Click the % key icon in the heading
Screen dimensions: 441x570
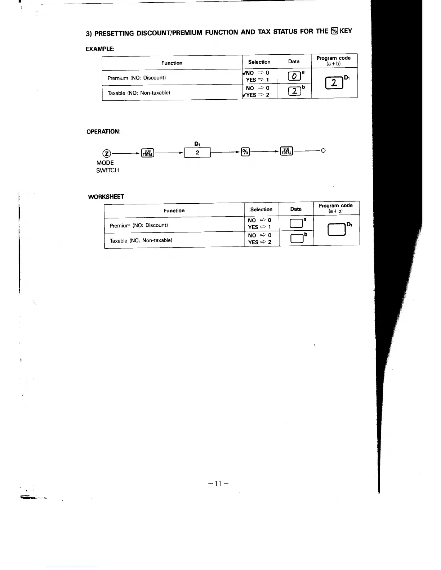click(334, 31)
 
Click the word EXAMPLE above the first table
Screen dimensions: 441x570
click(100, 49)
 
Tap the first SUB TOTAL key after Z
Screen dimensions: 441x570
click(148, 153)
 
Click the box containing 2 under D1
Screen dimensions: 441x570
click(197, 153)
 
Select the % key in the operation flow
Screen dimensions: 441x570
click(245, 152)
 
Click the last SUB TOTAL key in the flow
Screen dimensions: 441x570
click(286, 151)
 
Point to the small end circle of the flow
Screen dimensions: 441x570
click(323, 150)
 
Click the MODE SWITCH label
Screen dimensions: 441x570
click(107, 167)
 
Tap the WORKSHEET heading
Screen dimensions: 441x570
click(106, 196)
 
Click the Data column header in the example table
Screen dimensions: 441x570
click(294, 62)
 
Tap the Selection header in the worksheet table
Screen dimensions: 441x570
click(261, 209)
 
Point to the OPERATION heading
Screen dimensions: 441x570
click(103, 132)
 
